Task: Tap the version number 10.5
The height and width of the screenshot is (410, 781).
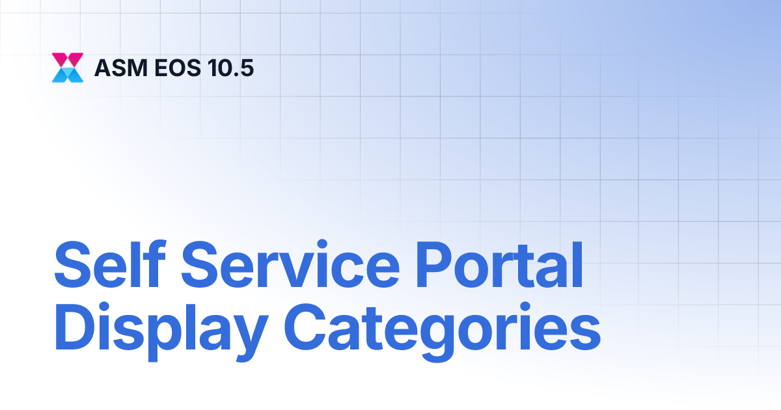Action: click(x=227, y=68)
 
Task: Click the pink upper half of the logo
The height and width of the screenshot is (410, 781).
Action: click(x=68, y=59)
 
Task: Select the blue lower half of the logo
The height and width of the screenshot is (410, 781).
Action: click(x=68, y=75)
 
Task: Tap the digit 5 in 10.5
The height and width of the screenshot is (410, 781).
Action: click(x=247, y=68)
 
